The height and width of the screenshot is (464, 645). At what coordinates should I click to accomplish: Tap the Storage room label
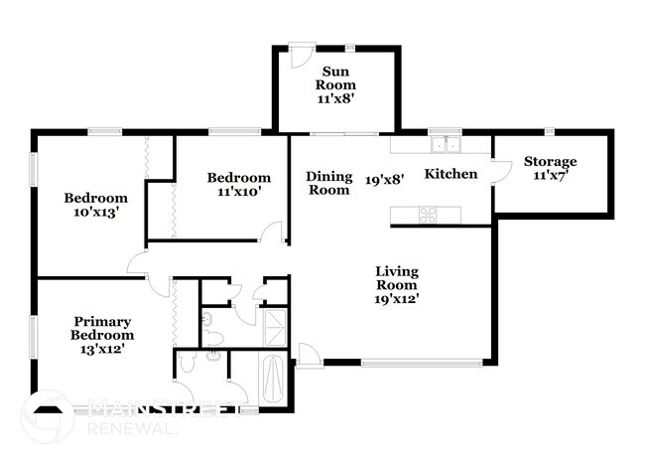tap(551, 161)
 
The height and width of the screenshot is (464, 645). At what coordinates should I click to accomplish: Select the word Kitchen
tap(451, 174)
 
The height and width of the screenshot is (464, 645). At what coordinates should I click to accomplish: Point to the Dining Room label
tap(328, 183)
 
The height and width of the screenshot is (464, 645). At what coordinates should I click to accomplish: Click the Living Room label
tap(397, 278)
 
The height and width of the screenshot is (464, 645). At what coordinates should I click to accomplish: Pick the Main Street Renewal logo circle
tap(47, 418)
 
